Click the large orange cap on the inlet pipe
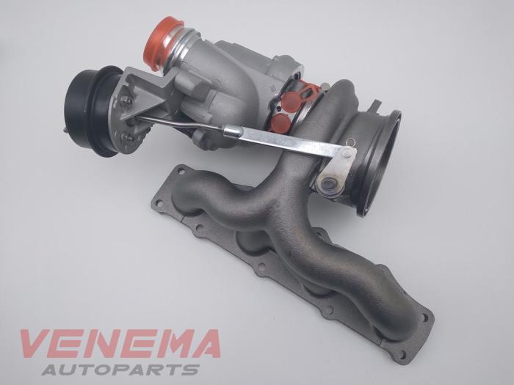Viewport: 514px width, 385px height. coord(163,43)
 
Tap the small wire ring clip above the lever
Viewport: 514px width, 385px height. coord(351,142)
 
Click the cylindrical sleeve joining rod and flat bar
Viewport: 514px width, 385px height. coord(233,131)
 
